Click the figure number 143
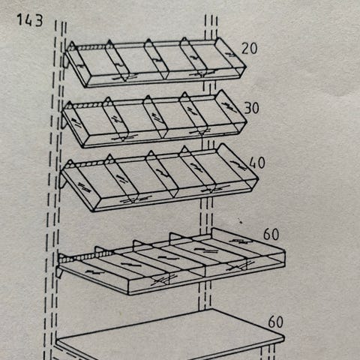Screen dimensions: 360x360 coord(30,20)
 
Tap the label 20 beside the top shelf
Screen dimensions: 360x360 coord(249,48)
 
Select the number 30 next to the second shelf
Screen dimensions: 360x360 coord(251,108)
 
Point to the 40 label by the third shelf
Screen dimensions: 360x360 coord(257,163)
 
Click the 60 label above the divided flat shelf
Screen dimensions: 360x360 coord(271,234)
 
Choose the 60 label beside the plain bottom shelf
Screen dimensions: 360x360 coord(276,322)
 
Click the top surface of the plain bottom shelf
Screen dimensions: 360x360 coord(170,332)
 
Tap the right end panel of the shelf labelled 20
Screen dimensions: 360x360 coord(230,55)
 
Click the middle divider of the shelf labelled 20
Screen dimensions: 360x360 coord(157,59)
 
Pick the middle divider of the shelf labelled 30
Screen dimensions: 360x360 coord(155,117)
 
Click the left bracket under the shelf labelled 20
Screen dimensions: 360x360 coord(65,61)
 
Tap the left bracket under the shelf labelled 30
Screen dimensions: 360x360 coord(64,122)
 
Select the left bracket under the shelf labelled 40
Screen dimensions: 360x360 coord(62,181)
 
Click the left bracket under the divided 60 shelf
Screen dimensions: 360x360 coord(59,272)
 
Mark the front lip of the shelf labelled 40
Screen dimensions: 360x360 coord(172,200)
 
